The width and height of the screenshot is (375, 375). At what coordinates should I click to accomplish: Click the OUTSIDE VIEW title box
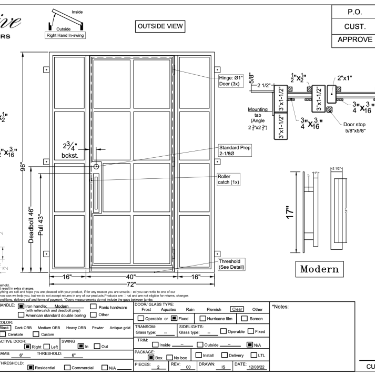[165, 26]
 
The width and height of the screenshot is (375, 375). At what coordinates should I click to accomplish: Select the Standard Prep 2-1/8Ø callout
[234, 153]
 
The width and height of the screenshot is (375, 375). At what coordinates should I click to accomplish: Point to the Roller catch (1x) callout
[228, 180]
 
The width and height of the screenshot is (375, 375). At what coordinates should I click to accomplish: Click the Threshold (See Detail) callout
[233, 263]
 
